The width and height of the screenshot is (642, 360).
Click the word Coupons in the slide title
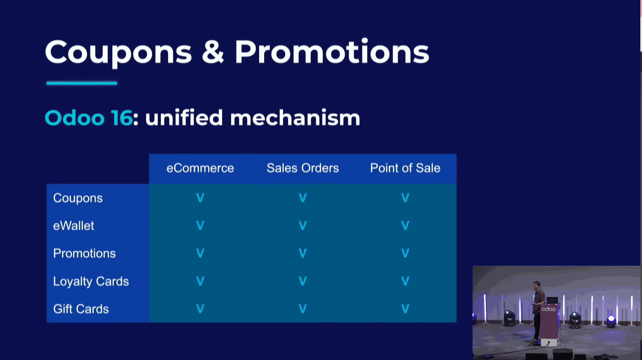tap(118, 52)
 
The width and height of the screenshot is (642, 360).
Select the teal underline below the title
tap(82, 83)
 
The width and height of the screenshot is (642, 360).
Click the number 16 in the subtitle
tap(122, 118)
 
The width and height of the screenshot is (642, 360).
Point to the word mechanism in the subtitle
tap(295, 118)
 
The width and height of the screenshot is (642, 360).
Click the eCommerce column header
tap(200, 168)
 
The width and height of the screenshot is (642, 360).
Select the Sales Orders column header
tap(303, 168)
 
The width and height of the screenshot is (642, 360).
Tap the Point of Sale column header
tap(405, 168)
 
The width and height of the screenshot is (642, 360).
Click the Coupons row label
tap(78, 198)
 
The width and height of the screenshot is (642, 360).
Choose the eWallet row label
tap(74, 226)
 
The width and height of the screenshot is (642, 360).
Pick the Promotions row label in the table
tap(85, 254)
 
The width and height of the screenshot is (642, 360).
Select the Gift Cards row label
tap(81, 309)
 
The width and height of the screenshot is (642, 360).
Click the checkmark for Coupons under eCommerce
tap(200, 198)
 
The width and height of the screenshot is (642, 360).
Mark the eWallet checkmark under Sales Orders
tap(303, 226)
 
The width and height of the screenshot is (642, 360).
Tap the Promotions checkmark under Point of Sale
tap(405, 253)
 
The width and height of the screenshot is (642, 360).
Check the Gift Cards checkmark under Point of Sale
tap(405, 309)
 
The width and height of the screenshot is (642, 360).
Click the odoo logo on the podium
tap(549, 309)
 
